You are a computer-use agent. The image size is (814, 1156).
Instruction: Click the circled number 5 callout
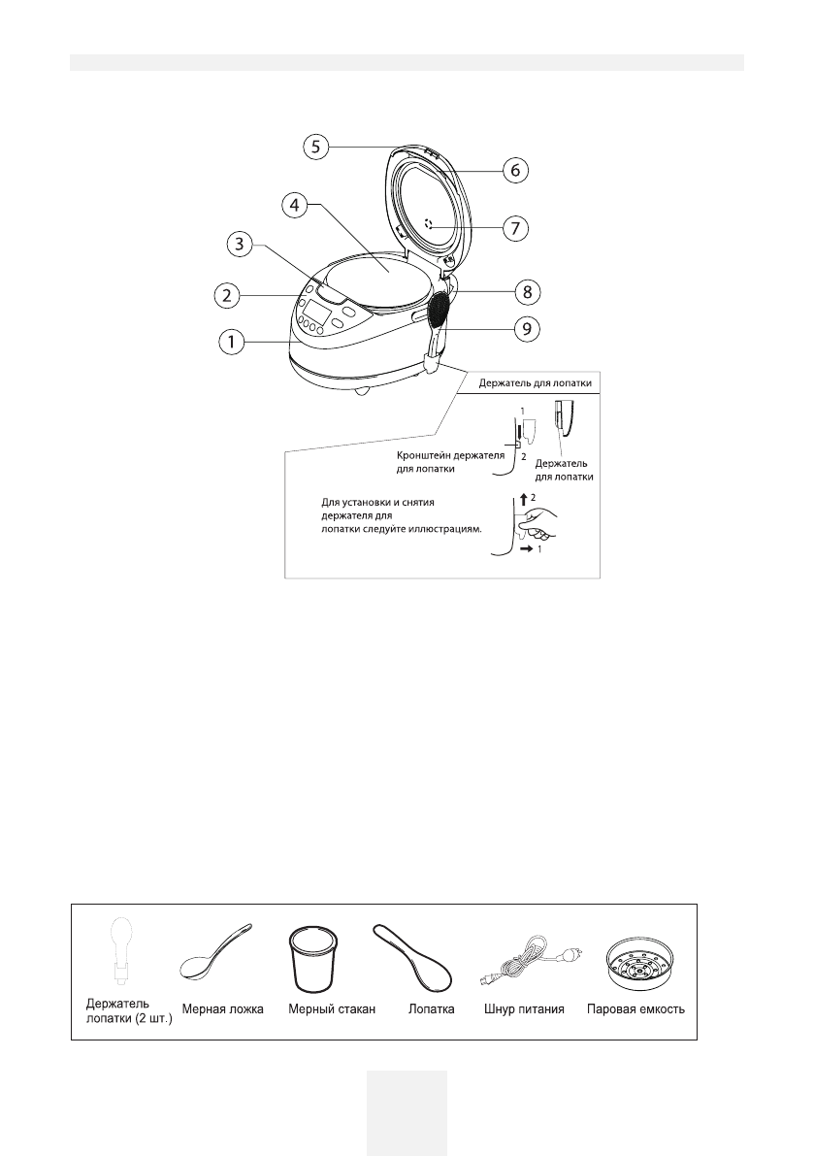tap(313, 147)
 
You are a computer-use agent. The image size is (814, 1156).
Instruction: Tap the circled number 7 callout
tap(515, 229)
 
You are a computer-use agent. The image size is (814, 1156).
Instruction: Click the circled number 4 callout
tap(296, 205)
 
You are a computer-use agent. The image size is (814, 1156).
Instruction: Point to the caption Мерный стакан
tap(326, 1009)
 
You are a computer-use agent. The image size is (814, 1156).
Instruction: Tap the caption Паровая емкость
tap(636, 1009)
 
